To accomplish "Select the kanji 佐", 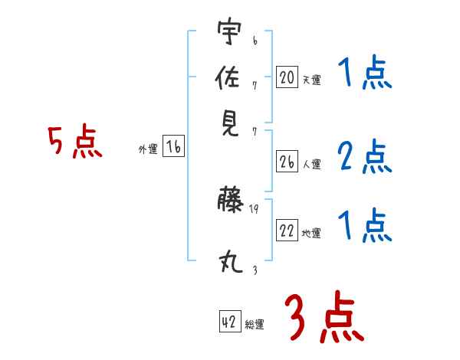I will [x=228, y=77].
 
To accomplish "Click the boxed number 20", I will [x=287, y=77].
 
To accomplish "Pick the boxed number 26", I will [x=287, y=162].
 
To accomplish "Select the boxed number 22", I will [x=287, y=231].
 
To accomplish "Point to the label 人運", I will [x=311, y=164].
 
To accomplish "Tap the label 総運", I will [x=255, y=325].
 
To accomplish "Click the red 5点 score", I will [x=75, y=142].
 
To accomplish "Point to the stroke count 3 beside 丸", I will [x=254, y=270].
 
